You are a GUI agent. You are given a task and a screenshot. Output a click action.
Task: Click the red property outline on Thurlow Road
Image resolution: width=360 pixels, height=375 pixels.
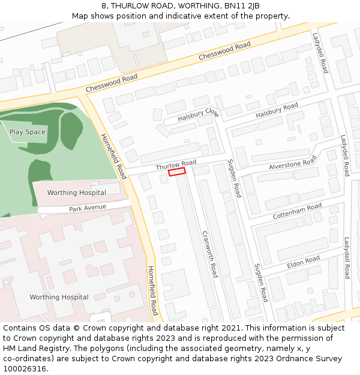pos(177,172)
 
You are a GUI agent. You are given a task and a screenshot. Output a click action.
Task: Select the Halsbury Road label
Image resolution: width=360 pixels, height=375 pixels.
pos(277,110)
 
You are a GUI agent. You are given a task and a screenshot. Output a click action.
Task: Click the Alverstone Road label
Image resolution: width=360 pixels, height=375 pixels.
pos(292,163)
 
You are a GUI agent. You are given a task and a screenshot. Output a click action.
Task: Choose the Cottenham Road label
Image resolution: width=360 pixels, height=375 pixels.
pos(297,211)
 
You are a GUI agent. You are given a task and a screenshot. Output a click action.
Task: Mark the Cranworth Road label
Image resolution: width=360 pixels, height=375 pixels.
pos(209,254)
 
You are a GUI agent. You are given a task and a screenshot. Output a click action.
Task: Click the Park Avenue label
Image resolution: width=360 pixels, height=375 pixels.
pos(88,208)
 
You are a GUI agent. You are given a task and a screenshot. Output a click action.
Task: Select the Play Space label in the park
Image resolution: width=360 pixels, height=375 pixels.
pos(28,132)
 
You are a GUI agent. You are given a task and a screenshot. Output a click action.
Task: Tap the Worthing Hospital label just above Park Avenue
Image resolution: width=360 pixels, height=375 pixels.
pos(76,193)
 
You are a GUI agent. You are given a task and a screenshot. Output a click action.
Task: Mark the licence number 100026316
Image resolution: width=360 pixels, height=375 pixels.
pos(25,369)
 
